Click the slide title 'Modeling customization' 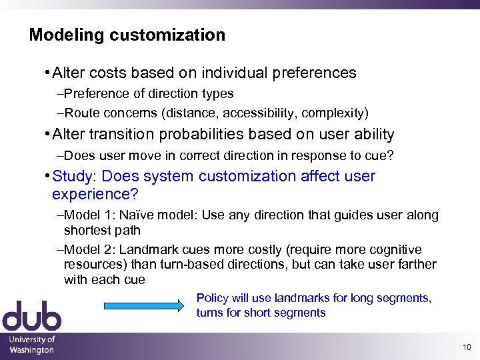[x=127, y=35]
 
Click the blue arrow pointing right [x=143, y=305]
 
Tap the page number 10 [x=465, y=347]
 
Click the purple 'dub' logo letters [x=31, y=317]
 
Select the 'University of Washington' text [x=31, y=345]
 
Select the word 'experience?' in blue [x=95, y=194]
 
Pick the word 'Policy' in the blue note [x=212, y=298]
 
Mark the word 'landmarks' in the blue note [x=313, y=298]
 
